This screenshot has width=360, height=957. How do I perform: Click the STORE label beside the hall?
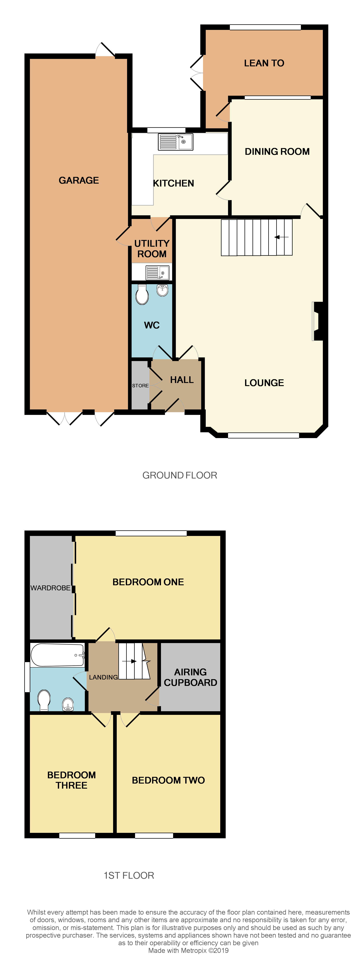140,386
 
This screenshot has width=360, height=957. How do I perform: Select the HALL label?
182,380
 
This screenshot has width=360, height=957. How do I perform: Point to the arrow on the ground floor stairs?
281,237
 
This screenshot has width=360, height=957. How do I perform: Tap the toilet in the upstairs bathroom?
44,700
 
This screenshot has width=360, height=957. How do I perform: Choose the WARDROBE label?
50,588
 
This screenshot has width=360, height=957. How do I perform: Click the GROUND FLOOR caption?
180,475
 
